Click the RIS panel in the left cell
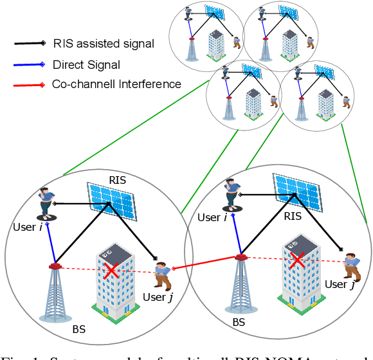click(x=112, y=199)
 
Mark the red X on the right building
click(x=296, y=261)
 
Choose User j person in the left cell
click(x=161, y=274)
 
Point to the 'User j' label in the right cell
click(x=340, y=285)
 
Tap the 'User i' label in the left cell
click(x=28, y=228)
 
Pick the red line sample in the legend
click(x=30, y=84)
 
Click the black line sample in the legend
click(x=30, y=44)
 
